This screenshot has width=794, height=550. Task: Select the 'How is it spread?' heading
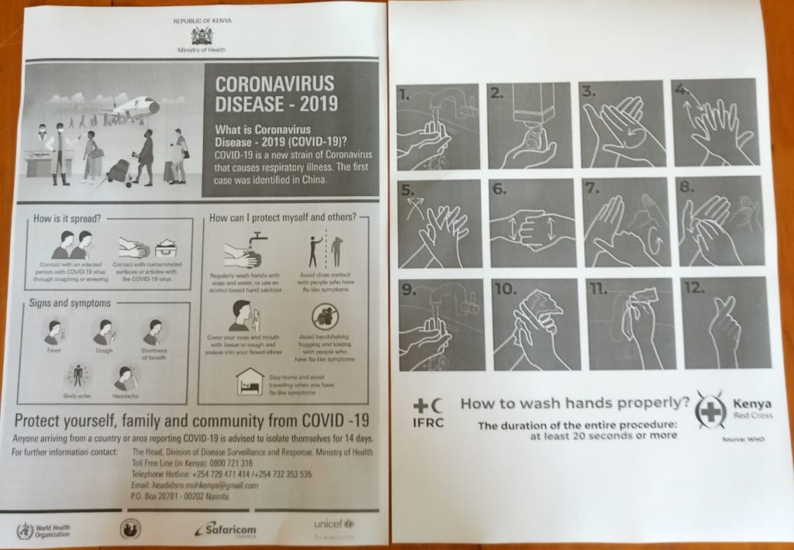pos(67,218)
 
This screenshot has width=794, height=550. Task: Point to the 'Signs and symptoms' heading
pos(71,303)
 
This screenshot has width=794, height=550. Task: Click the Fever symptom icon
pos(53,332)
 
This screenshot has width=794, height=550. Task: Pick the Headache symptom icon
pos(126,378)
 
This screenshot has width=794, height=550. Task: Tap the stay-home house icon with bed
pos(250,380)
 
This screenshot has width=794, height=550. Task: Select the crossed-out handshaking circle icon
pos(325,316)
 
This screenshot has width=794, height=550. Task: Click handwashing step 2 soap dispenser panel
pos(530,125)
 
